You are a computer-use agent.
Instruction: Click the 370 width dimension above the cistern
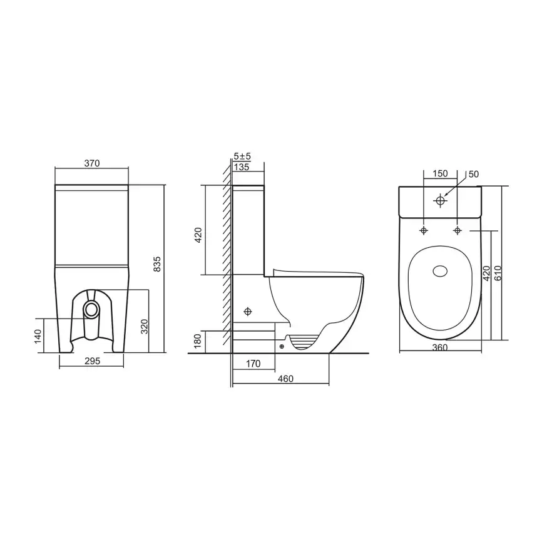point(92,163)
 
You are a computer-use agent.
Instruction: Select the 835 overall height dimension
point(157,264)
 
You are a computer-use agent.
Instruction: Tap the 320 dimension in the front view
point(145,326)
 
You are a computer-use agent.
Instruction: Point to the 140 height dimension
point(38,337)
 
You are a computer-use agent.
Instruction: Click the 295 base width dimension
point(92,361)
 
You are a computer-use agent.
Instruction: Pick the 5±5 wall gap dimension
point(242,156)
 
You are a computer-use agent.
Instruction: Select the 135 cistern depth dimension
point(242,167)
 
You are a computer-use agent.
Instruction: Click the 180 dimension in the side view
point(197,341)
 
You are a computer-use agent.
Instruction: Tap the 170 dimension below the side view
point(253,364)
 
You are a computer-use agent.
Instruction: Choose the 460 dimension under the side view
point(285,379)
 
